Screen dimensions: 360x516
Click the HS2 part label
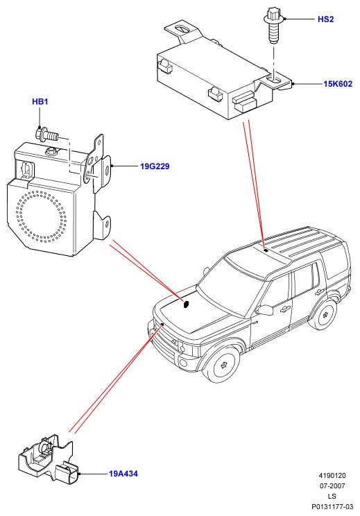325,19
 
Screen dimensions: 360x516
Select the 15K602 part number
338,84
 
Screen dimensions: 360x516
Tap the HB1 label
40,102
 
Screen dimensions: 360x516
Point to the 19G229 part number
155,166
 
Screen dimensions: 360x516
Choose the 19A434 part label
123,474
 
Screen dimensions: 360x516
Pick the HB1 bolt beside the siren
46,135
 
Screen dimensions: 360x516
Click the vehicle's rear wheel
323,315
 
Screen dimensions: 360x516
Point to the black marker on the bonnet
186,304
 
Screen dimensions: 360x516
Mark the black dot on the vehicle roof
266,251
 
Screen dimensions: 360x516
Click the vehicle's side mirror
265,309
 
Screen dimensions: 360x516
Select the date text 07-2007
332,485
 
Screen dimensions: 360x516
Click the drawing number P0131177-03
332,507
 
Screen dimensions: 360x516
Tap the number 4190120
332,476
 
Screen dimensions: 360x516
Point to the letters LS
332,497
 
